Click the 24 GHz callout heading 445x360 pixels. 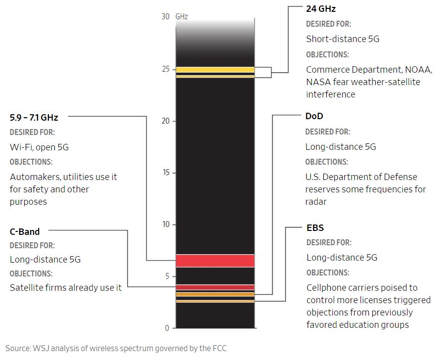pos(321,9)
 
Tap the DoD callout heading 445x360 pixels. pos(314,116)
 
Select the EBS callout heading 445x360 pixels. pos(315,228)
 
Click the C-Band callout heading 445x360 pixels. pos(25,231)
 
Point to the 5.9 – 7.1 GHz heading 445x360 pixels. pos(34,118)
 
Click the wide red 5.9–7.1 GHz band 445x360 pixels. pos(215,260)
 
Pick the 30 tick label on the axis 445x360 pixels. pos(166,17)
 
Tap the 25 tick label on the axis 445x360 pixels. pos(166,69)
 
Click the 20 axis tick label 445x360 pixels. pos(166,121)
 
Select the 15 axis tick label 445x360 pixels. pos(166,173)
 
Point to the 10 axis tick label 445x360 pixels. pos(166,225)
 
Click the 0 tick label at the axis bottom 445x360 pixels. pos(167,328)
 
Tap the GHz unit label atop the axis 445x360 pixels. pos(181,17)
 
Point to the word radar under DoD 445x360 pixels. pos(316,202)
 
